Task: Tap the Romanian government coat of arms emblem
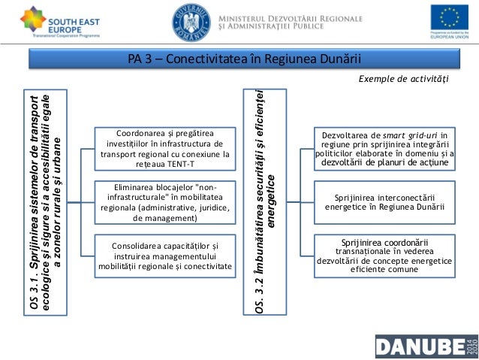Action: (x=191, y=22)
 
